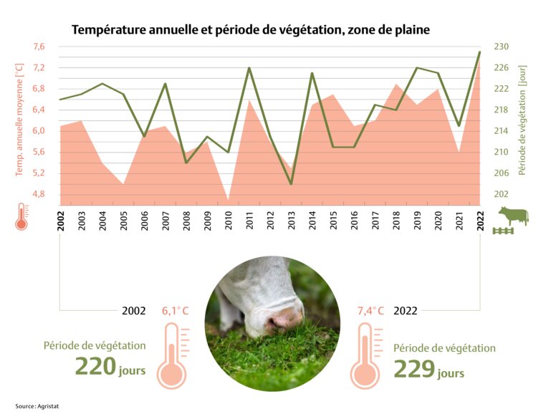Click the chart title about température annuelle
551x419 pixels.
point(250,30)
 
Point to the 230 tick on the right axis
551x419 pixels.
point(501,47)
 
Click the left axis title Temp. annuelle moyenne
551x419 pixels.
point(19,120)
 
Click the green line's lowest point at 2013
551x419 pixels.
point(292,184)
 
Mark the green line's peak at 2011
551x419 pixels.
point(249,68)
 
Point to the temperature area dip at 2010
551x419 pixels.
point(229,198)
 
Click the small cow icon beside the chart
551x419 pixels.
point(513,215)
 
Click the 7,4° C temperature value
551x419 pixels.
point(370,311)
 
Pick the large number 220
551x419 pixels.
point(96,367)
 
